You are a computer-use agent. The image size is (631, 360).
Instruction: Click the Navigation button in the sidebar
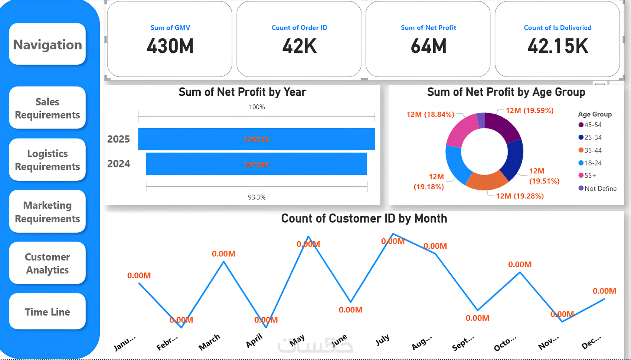(x=48, y=45)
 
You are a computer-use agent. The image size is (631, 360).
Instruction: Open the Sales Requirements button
(x=48, y=108)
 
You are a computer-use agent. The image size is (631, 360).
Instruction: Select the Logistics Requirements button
(x=48, y=160)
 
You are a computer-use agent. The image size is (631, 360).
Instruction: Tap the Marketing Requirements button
(x=48, y=212)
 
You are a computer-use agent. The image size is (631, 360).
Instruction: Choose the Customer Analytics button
(x=48, y=263)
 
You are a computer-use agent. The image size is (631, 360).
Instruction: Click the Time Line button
(x=48, y=312)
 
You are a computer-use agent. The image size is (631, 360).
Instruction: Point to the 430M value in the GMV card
(x=170, y=46)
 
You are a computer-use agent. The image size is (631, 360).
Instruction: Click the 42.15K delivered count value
(x=558, y=46)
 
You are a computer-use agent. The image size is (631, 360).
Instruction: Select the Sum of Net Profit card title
(x=428, y=28)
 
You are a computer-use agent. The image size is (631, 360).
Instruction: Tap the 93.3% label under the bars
(x=257, y=197)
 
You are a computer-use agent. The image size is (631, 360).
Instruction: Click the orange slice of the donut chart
(x=486, y=181)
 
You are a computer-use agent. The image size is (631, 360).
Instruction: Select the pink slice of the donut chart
(x=461, y=130)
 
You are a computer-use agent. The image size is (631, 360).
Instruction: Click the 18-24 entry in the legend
(x=593, y=163)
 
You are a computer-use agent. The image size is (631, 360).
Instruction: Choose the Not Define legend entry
(x=600, y=189)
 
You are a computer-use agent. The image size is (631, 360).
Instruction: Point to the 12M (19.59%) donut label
(x=529, y=111)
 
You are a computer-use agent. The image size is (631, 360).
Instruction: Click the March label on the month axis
(x=209, y=342)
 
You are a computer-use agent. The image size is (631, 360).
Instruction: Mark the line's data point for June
(x=351, y=302)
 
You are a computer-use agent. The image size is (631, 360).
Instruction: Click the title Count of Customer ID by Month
(x=364, y=219)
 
